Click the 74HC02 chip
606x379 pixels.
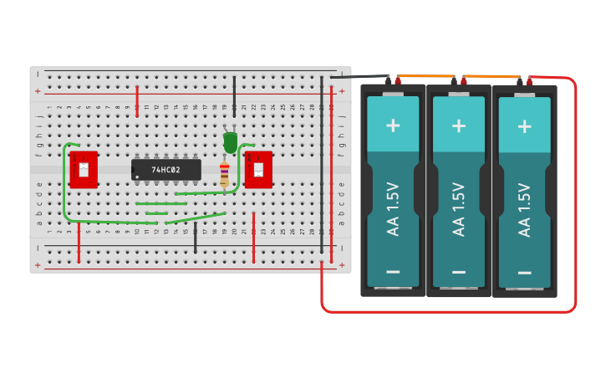coord(166,169)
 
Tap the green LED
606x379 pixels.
coord(230,141)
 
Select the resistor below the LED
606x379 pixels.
coord(224,174)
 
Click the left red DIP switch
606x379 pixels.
coord(84,170)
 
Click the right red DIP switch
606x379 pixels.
coord(258,170)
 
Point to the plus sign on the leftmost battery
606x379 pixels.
coord(393,125)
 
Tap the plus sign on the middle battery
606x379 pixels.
coord(458,125)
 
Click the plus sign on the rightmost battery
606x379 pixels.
coord(524,125)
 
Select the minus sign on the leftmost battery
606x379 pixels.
coord(393,272)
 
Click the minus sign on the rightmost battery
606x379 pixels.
coord(524,272)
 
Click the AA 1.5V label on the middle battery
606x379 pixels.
coord(458,209)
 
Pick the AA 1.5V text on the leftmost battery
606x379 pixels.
coord(393,209)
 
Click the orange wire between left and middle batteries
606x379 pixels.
coord(426,78)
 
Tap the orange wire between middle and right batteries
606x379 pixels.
coord(491,77)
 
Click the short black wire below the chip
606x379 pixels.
coord(196,238)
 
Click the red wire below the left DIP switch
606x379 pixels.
coord(79,243)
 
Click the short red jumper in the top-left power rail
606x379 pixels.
coord(137,100)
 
